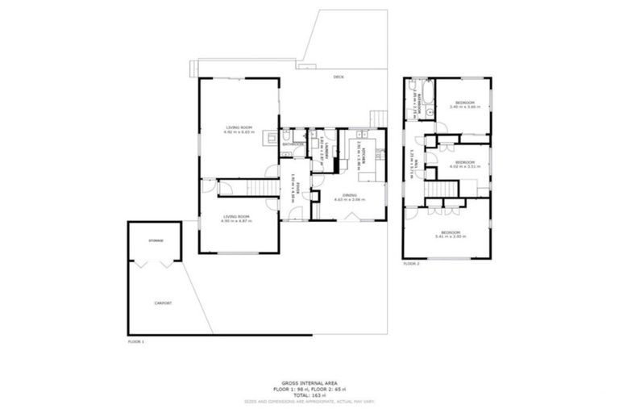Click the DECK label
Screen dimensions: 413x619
tap(339, 77)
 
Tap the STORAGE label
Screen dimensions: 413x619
tap(155, 241)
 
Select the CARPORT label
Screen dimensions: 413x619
tap(163, 302)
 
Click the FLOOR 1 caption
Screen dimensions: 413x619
tap(135, 342)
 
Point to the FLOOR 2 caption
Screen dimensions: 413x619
tap(411, 264)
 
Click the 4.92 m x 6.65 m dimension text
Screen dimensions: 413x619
tap(239, 132)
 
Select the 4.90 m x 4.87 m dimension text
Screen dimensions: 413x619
tap(237, 220)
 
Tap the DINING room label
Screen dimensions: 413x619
tap(353, 194)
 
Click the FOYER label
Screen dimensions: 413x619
tap(297, 190)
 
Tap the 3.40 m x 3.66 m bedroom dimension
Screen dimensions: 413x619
tap(465, 106)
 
